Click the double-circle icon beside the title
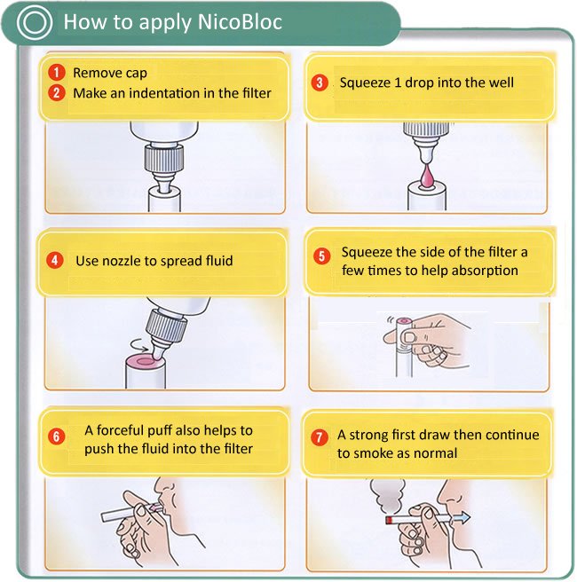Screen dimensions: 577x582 34,22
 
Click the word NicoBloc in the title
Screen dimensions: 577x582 240,22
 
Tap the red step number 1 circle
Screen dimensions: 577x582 57,73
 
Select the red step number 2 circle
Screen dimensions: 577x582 57,92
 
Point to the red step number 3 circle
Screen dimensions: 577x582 320,83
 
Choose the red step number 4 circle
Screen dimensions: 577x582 54,260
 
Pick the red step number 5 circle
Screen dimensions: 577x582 321,256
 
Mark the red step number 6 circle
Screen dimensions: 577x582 57,436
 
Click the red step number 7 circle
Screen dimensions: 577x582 319,437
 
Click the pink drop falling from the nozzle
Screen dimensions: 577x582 427,175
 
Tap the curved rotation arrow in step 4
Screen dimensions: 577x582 139,346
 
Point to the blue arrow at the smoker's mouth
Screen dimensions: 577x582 461,517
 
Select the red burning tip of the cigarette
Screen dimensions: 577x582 389,520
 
